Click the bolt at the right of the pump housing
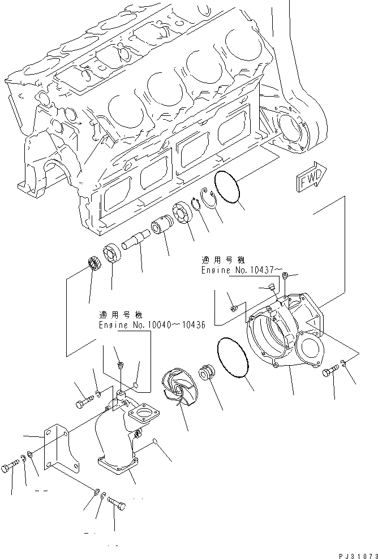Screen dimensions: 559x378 [331, 372]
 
